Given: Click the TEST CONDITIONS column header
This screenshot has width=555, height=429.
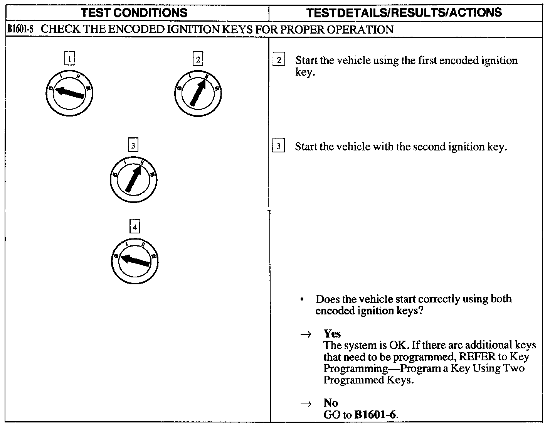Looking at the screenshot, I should [134, 13].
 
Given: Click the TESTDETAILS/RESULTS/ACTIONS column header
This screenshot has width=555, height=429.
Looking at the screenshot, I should [404, 13].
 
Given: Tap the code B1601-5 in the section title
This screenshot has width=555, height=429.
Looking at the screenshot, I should [22, 30].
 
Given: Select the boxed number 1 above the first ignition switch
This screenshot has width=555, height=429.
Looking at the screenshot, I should [69, 59].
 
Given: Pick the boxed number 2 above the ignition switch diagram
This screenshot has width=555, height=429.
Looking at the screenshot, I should [198, 59].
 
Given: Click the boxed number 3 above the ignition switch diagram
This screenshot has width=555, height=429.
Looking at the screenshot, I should [133, 145].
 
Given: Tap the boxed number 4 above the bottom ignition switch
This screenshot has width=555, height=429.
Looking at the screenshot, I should [135, 227].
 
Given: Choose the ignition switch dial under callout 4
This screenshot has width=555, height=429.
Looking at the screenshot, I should [135, 261].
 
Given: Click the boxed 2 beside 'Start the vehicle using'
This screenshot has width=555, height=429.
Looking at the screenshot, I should [279, 60].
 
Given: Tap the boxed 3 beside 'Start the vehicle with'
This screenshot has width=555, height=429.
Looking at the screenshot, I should [278, 147].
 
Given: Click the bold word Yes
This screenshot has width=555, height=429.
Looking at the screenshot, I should [332, 333].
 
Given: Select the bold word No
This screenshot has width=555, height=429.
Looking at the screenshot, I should [330, 403].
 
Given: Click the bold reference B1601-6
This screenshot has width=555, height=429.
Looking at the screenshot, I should [375, 415].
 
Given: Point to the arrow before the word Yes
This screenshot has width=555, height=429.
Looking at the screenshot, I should [306, 334].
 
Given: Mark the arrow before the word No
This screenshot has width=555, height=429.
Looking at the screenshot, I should [306, 404].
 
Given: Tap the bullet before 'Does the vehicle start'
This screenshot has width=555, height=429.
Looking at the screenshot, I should [304, 299].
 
